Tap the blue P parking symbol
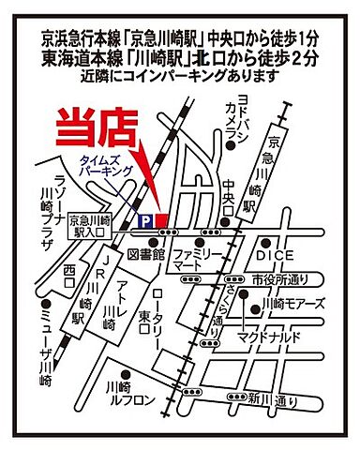(x=144, y=219)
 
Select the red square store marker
(x=160, y=219)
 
